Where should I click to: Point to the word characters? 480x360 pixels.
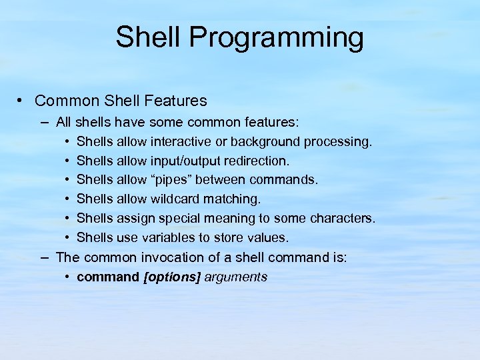343,219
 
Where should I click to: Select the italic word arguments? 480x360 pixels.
236,277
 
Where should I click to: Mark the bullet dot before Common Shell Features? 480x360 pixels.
22,101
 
